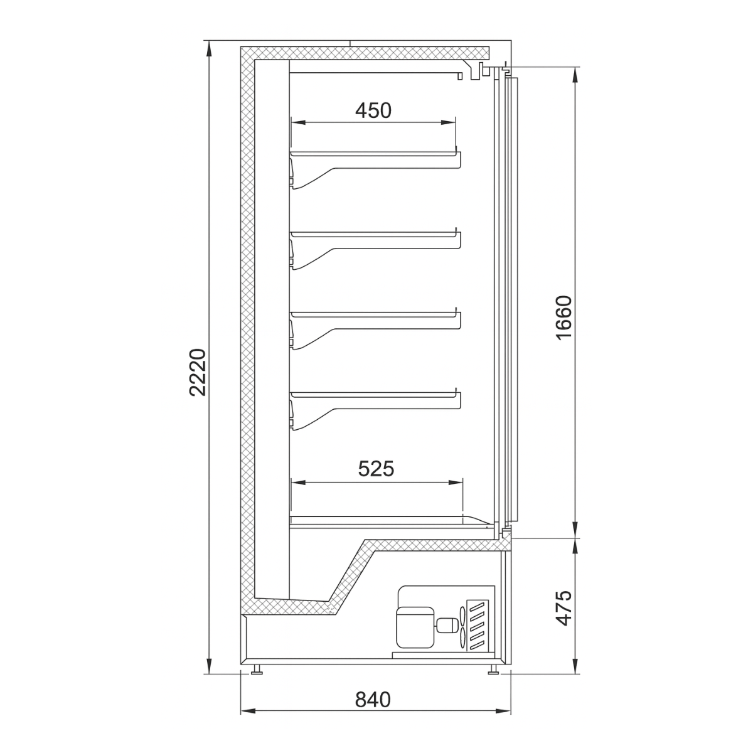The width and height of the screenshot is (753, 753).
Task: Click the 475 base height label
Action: click(x=564, y=607)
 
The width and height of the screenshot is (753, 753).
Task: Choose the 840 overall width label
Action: click(x=373, y=699)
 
